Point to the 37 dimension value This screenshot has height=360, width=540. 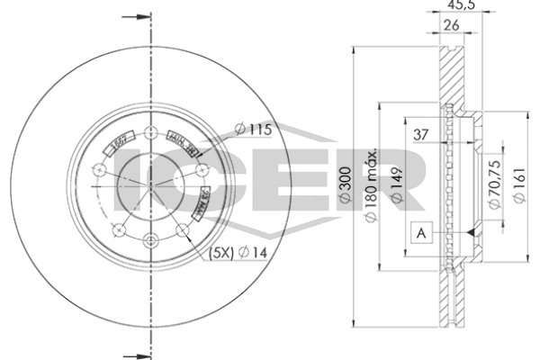(419, 135)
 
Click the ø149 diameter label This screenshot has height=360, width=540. (394, 184)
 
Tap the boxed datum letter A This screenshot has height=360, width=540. (420, 232)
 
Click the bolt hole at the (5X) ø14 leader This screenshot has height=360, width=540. (182, 229)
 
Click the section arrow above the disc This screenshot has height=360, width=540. (135, 17)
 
